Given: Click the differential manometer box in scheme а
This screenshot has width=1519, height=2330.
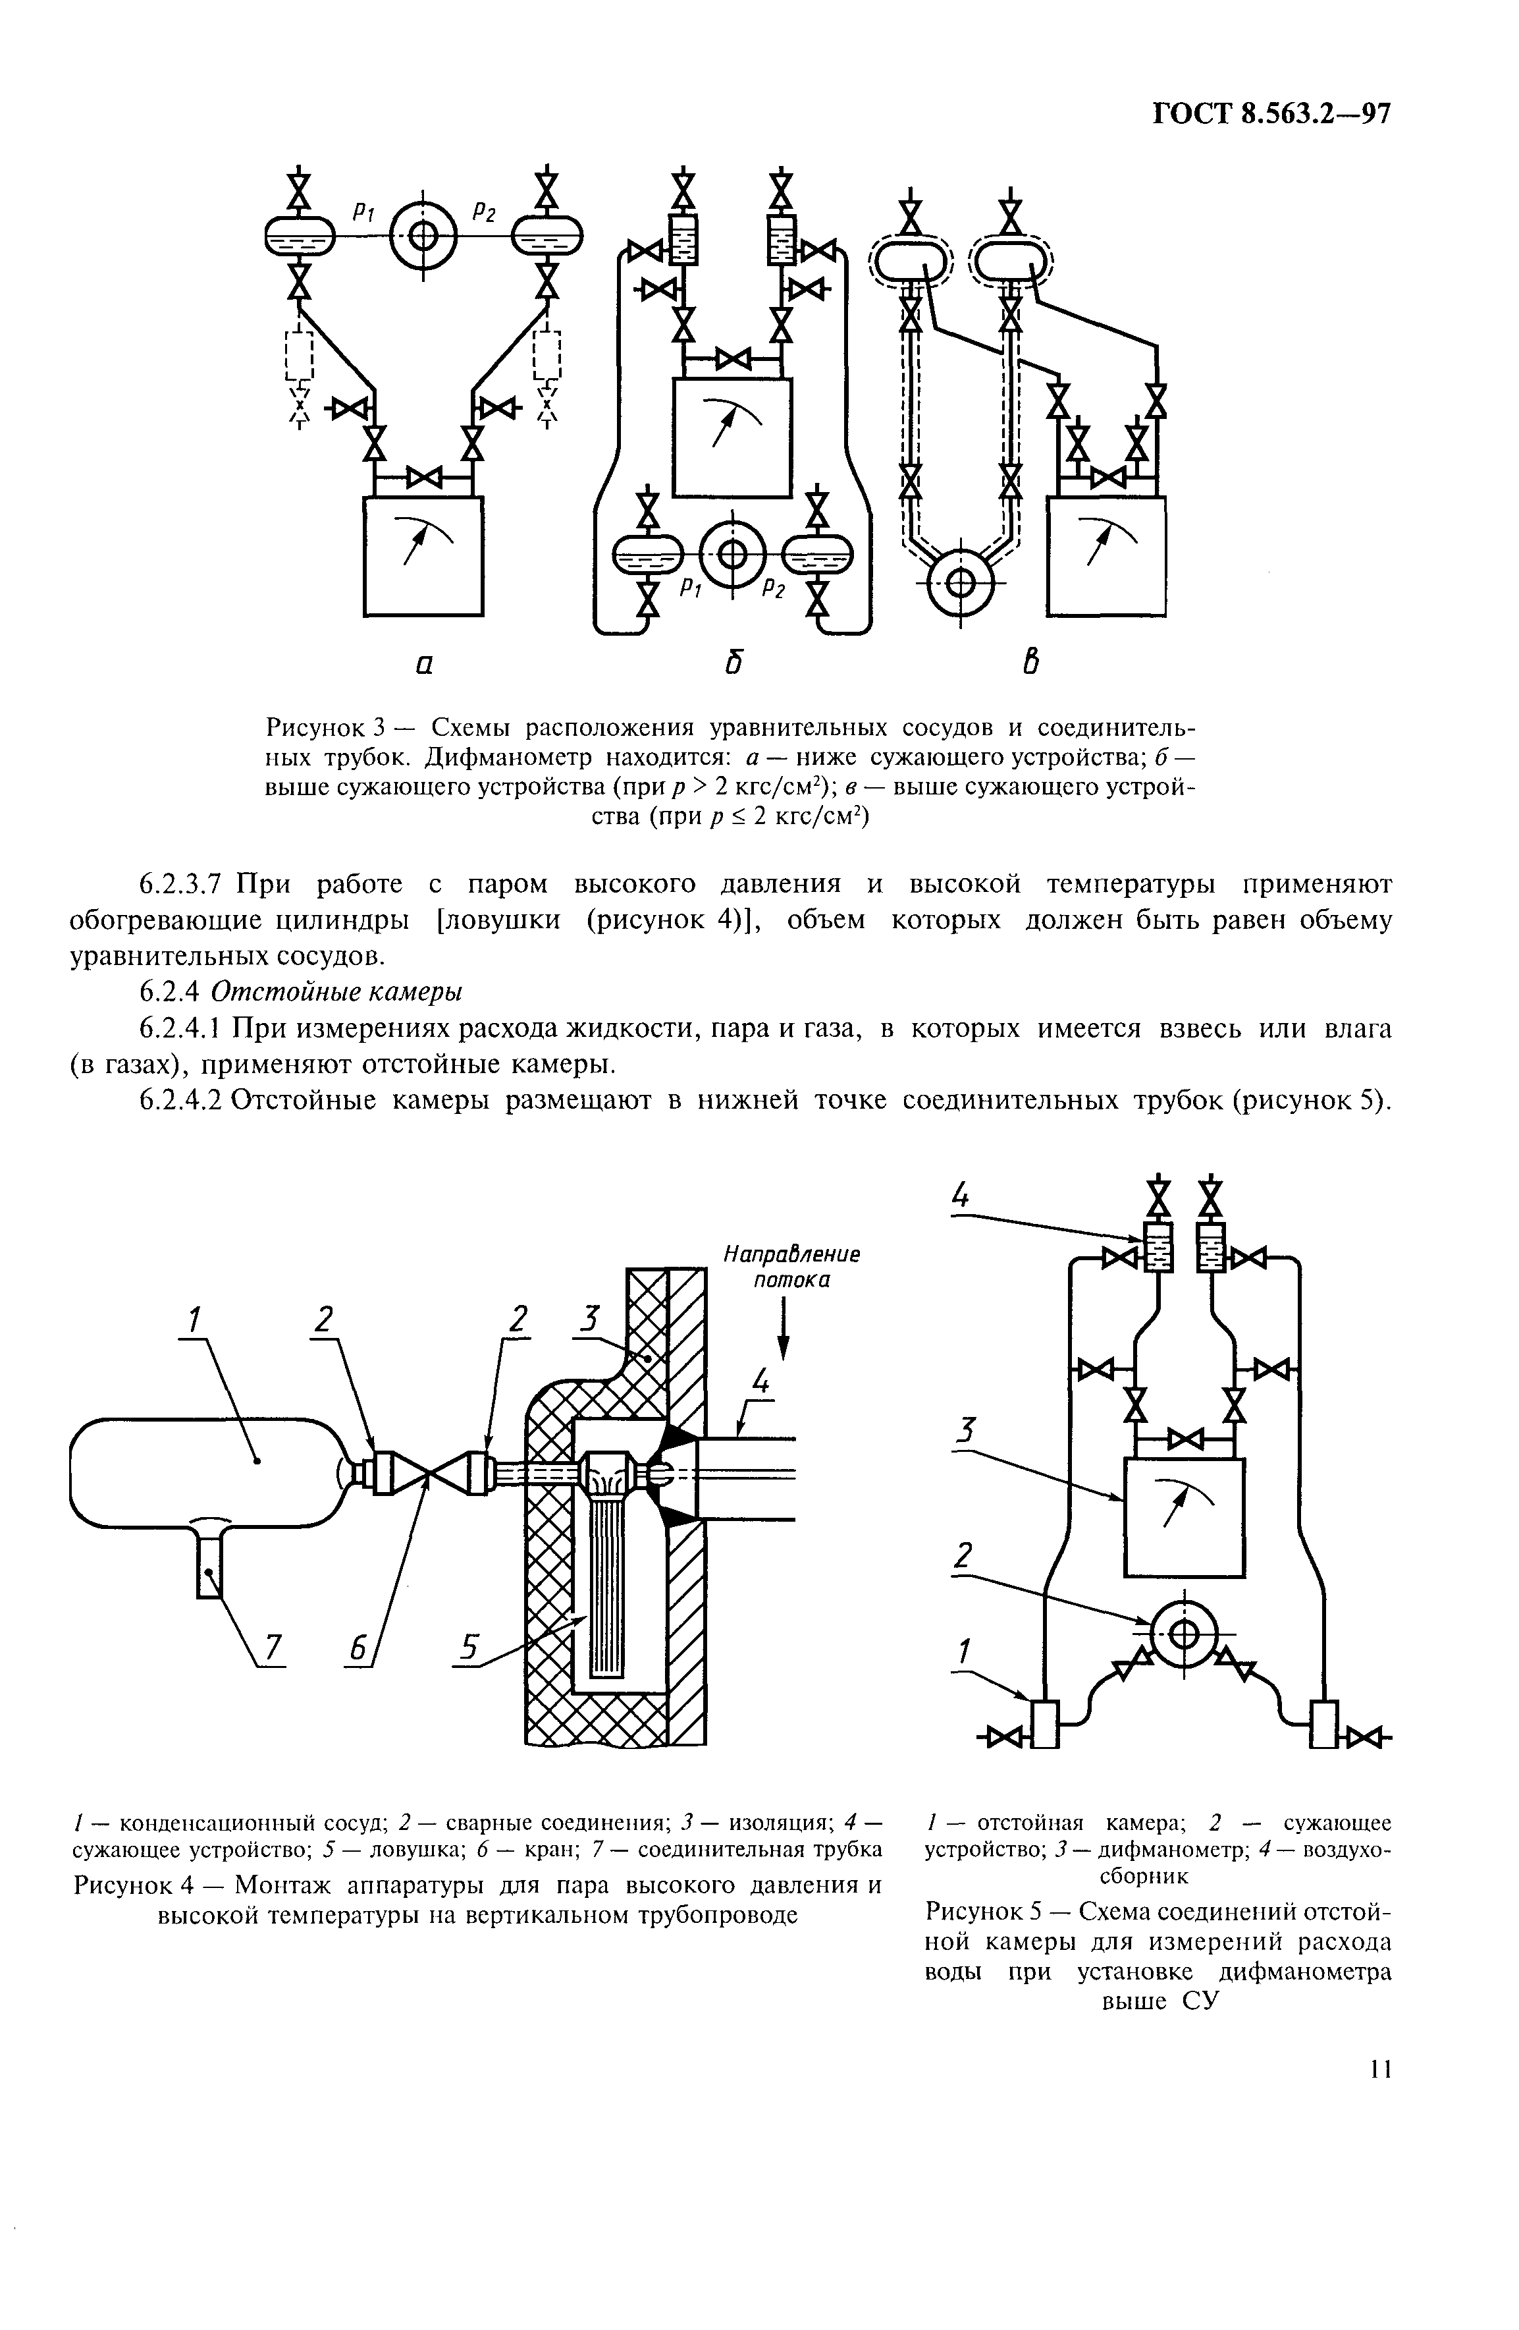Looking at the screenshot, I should tap(422, 556).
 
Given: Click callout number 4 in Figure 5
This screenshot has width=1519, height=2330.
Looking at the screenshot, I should tap(960, 1196).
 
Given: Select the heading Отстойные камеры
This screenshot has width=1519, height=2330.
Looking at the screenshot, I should tap(336, 991).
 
